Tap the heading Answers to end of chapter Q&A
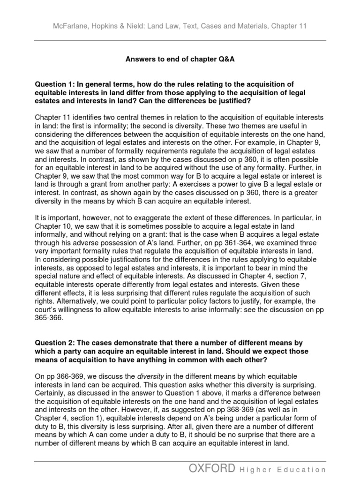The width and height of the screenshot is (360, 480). tap(180, 60)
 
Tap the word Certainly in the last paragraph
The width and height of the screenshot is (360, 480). tap(51, 394)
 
